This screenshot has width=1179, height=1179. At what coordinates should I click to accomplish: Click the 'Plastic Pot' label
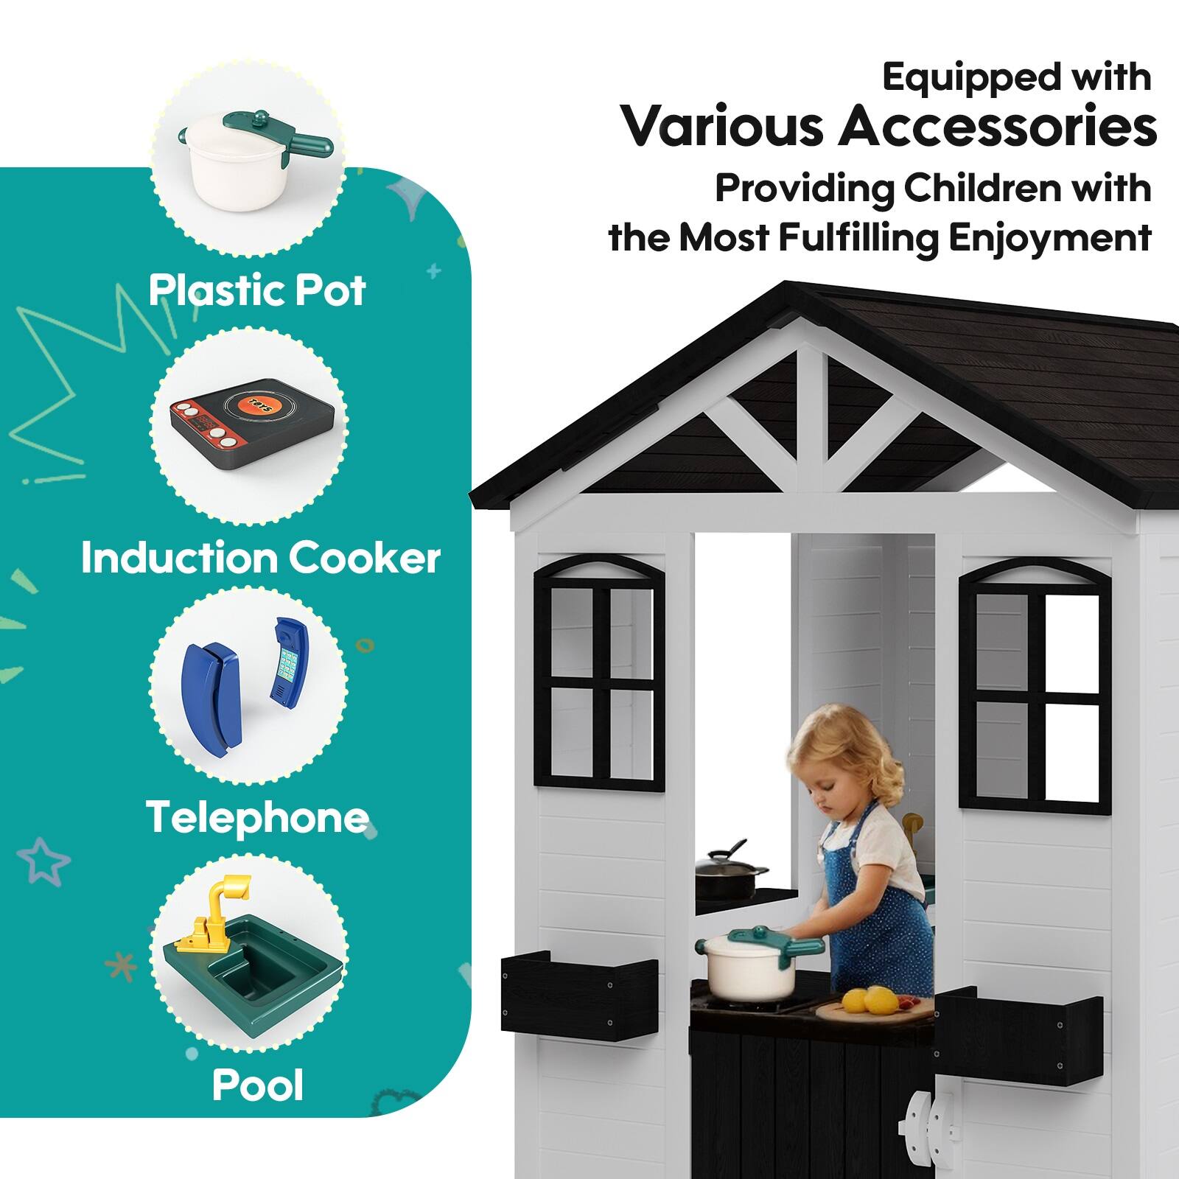point(257,290)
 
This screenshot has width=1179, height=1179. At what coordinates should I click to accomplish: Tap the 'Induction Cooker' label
point(260,558)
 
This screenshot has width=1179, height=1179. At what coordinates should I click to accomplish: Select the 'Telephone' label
point(257,818)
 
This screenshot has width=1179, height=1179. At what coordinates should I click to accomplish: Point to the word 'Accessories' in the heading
point(997,126)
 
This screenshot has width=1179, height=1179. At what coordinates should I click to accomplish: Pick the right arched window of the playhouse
point(1035,685)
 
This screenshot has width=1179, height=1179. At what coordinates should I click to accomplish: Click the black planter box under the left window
point(579,994)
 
